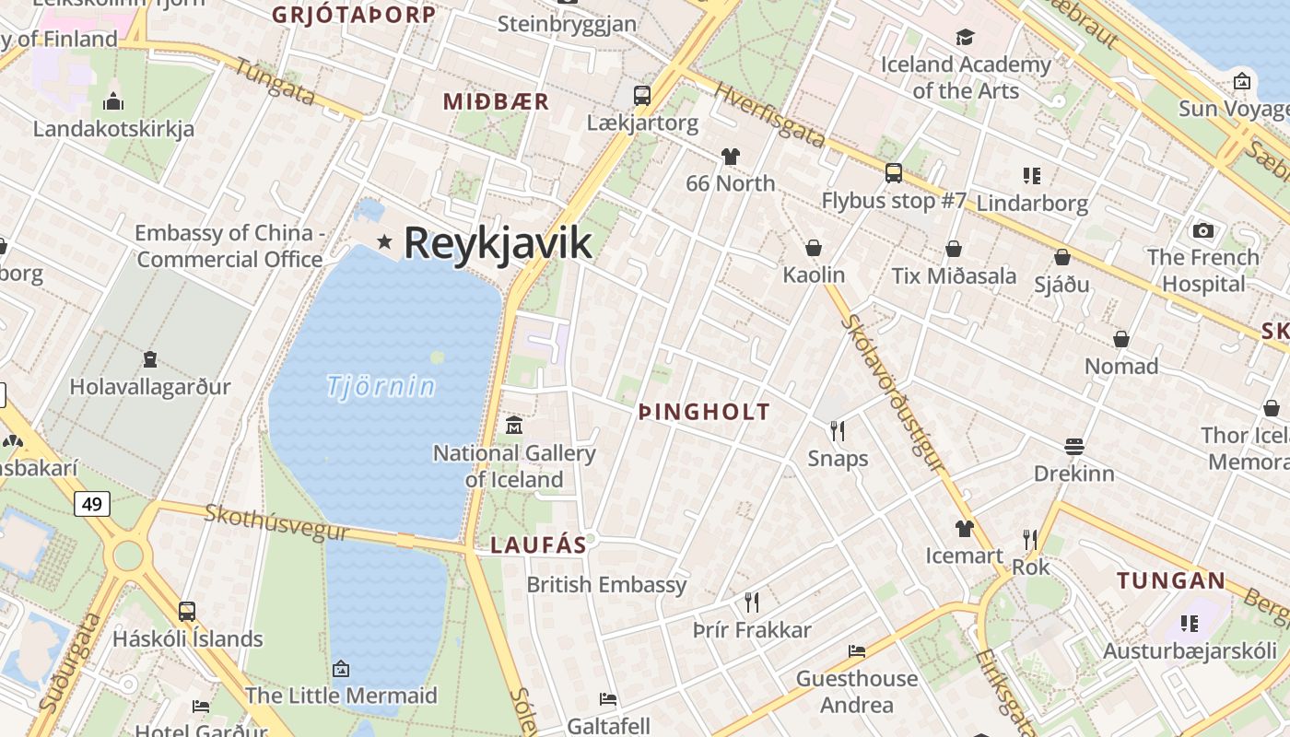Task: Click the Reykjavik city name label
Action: click(x=498, y=243)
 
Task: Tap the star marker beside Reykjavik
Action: click(x=384, y=242)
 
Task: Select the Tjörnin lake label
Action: click(x=381, y=386)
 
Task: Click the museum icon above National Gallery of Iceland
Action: click(x=514, y=425)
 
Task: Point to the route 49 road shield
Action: click(x=92, y=504)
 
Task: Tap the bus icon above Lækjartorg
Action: click(x=642, y=95)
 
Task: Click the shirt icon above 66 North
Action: click(x=731, y=157)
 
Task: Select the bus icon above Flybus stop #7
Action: click(x=893, y=172)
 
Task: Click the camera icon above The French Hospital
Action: click(x=1202, y=230)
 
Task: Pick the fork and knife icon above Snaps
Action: click(x=838, y=430)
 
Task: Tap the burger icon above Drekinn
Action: click(x=1073, y=447)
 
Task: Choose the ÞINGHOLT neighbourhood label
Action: click(x=704, y=412)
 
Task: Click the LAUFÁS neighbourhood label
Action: click(x=538, y=544)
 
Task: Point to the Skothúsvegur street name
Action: click(x=276, y=522)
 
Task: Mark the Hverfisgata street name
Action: click(x=770, y=116)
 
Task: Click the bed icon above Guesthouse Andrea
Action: click(x=857, y=651)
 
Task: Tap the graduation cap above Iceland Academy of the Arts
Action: click(x=965, y=37)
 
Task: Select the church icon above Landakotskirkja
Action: click(x=113, y=101)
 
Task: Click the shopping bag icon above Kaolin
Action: click(x=814, y=248)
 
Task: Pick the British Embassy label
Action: click(x=606, y=585)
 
